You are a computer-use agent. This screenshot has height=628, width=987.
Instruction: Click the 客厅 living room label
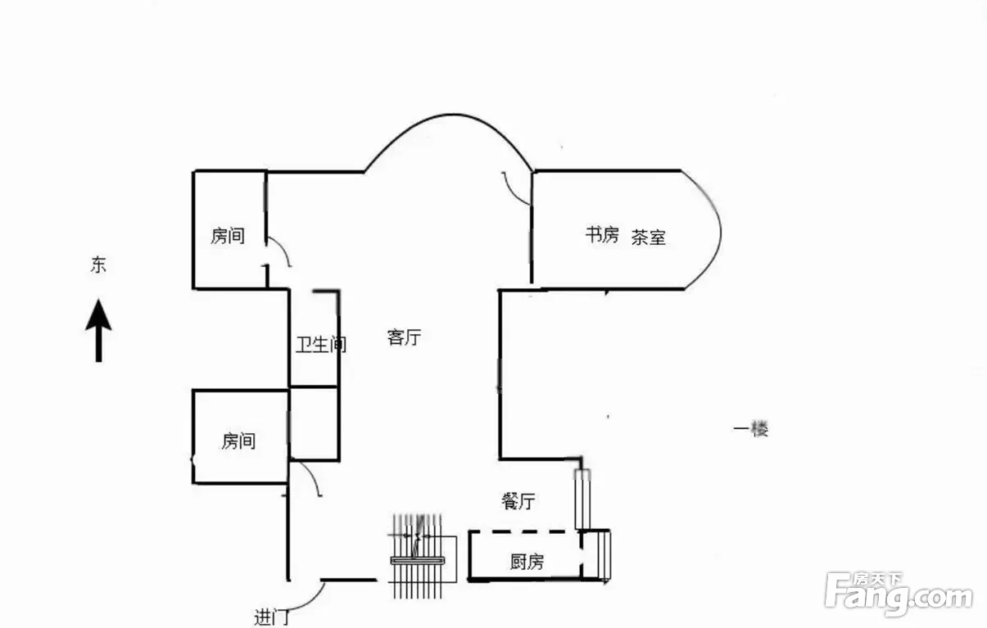[404, 337]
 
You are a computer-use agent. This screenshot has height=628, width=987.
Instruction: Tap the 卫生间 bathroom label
[321, 345]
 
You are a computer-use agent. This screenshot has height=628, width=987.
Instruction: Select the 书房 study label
[602, 235]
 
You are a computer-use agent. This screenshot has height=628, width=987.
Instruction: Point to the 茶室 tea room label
[648, 237]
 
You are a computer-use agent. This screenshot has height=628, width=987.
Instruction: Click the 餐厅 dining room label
[518, 501]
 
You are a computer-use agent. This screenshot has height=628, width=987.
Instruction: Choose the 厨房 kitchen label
[527, 562]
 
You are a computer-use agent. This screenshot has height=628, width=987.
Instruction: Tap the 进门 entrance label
[271, 617]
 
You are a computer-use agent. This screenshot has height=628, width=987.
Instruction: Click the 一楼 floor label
[751, 429]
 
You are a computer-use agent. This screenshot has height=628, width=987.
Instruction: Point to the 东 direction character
[98, 264]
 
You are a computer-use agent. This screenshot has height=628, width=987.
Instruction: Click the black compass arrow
[98, 331]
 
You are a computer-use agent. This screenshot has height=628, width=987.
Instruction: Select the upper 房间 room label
[228, 236]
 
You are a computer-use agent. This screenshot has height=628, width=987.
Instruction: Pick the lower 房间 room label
[238, 441]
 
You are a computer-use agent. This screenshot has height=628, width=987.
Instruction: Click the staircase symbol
[422, 557]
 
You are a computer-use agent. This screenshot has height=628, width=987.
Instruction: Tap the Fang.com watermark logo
[899, 594]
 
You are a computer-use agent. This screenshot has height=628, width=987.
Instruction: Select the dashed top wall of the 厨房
[524, 532]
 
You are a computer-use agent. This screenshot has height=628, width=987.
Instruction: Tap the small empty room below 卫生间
[314, 423]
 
